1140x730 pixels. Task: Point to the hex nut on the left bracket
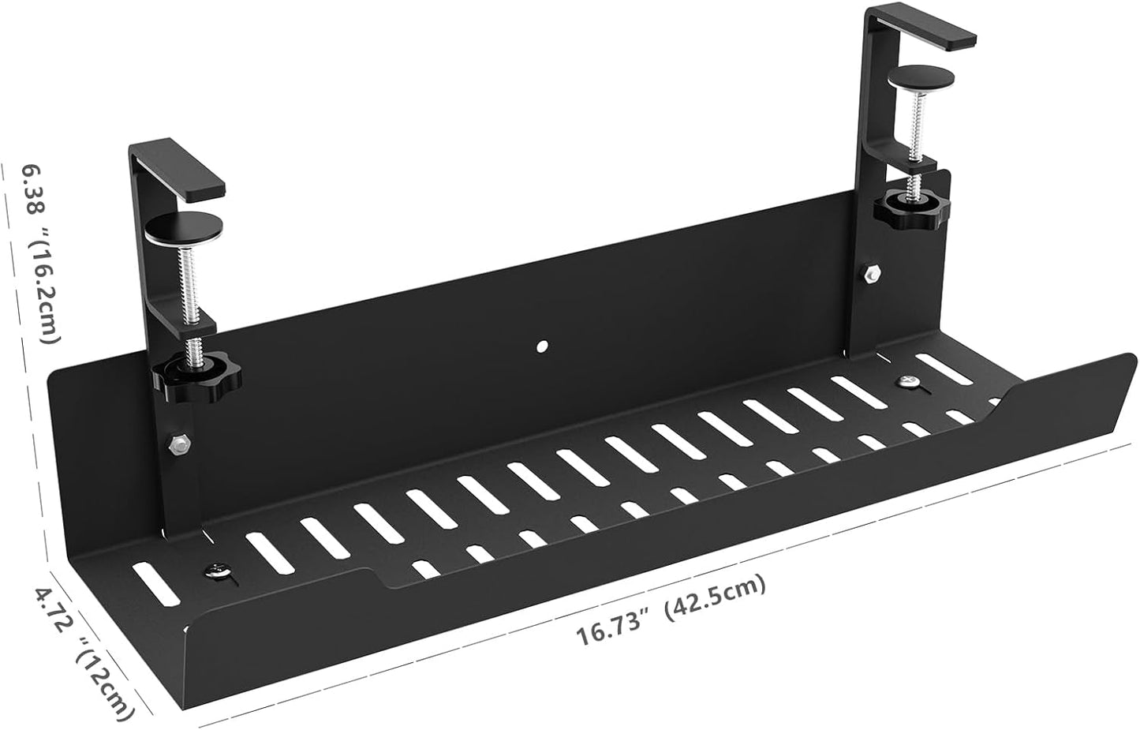[x=178, y=444]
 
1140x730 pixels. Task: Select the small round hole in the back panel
[x=542, y=346]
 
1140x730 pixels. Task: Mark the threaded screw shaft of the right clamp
[x=917, y=126]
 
